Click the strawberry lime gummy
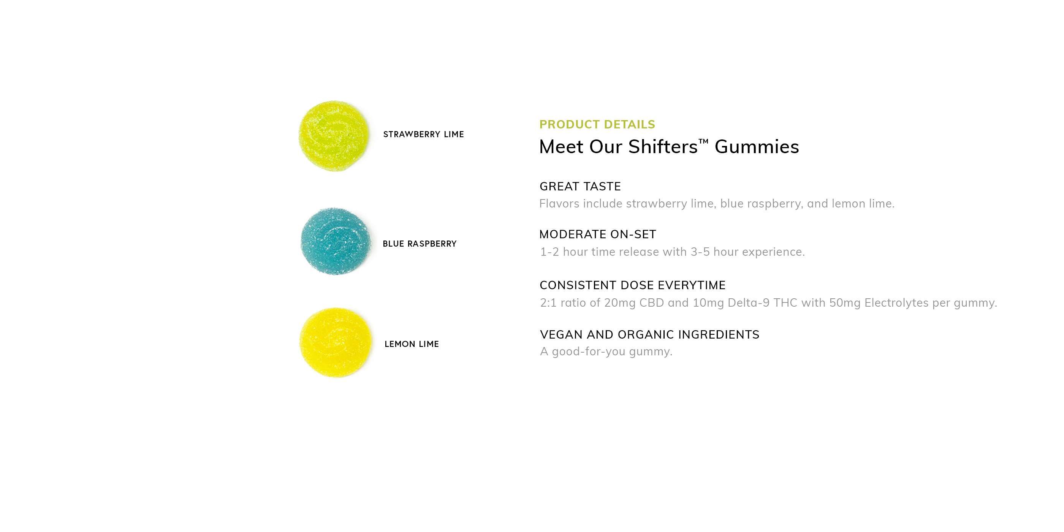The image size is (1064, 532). click(x=334, y=136)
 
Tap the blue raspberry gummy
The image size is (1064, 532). click(x=336, y=241)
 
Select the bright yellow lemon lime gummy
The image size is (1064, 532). click(x=336, y=342)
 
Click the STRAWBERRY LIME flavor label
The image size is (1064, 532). click(x=423, y=134)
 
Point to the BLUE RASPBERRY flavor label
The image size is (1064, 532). click(x=420, y=244)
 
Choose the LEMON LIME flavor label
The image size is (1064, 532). click(x=412, y=344)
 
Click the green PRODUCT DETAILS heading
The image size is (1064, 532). click(x=597, y=124)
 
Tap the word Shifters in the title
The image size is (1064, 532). click(x=662, y=147)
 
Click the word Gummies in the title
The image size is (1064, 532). click(x=757, y=147)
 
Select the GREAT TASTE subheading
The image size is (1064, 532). click(x=580, y=186)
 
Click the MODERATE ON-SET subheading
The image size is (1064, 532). click(x=598, y=234)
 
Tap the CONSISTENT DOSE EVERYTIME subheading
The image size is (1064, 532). click(x=632, y=285)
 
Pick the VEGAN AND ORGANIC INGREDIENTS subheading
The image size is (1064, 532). click(x=650, y=334)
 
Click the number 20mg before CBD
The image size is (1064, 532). click(x=619, y=303)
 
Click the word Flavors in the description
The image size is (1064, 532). click(x=559, y=204)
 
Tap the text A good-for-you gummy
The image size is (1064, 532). click(x=606, y=351)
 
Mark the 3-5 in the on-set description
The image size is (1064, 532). click(x=700, y=252)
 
